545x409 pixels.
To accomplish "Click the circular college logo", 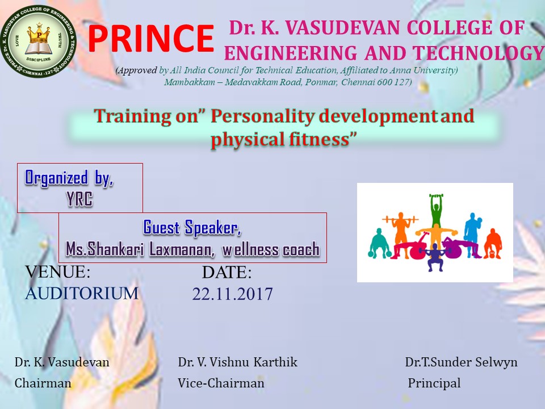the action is (x=38, y=41).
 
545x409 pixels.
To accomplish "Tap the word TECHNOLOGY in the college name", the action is (x=479, y=53).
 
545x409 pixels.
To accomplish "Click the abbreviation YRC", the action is (x=79, y=199).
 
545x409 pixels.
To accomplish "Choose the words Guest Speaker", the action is (x=192, y=228).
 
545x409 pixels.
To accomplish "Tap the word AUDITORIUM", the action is (x=82, y=293).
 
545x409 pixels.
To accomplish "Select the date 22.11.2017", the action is (x=233, y=294).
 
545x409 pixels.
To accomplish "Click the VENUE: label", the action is (x=58, y=272).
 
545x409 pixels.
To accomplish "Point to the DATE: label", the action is (x=227, y=272).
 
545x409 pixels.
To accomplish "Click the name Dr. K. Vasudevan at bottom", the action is (x=62, y=362).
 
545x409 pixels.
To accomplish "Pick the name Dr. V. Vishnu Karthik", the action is (x=238, y=362).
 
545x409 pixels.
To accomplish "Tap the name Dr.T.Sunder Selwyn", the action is (x=461, y=362).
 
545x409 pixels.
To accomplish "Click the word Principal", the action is (x=434, y=383).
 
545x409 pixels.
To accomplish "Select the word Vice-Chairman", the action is (x=221, y=383).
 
